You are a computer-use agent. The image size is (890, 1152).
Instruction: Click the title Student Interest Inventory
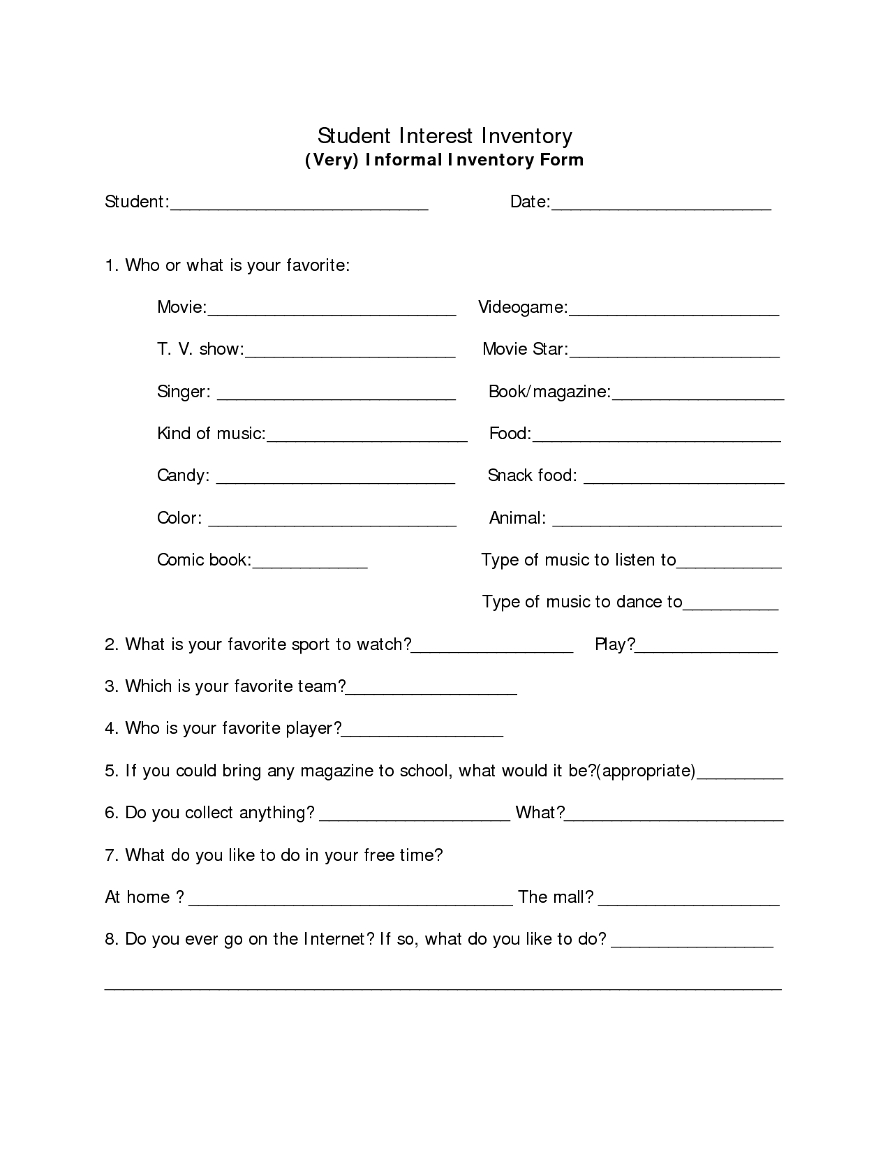(x=445, y=135)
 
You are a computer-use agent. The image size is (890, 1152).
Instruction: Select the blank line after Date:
(x=661, y=207)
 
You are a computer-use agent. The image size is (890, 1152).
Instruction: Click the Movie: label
(x=181, y=307)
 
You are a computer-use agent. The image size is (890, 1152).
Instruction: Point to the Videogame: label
(x=523, y=307)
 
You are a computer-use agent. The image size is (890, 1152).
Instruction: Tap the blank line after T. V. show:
(x=350, y=355)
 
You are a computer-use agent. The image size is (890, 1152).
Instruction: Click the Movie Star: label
(x=525, y=349)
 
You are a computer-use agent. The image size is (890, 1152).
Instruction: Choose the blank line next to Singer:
(x=336, y=397)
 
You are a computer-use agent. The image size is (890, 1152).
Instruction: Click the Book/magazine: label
(x=549, y=392)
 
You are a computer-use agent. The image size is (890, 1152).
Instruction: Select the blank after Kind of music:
(x=367, y=439)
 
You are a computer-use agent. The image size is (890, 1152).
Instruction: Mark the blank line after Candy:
(x=336, y=481)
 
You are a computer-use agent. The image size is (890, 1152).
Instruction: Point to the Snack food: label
(x=532, y=475)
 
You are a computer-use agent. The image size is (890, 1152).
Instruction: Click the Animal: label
(x=517, y=518)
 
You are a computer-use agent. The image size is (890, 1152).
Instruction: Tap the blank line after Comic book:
(x=309, y=566)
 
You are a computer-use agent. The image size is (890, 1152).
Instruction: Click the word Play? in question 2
(x=615, y=644)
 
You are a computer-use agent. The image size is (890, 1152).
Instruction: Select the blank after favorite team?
(x=431, y=692)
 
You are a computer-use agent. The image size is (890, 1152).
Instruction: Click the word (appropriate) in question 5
(x=647, y=771)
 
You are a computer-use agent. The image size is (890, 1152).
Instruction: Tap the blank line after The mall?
(x=689, y=903)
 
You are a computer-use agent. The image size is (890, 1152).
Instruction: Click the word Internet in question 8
(x=334, y=939)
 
